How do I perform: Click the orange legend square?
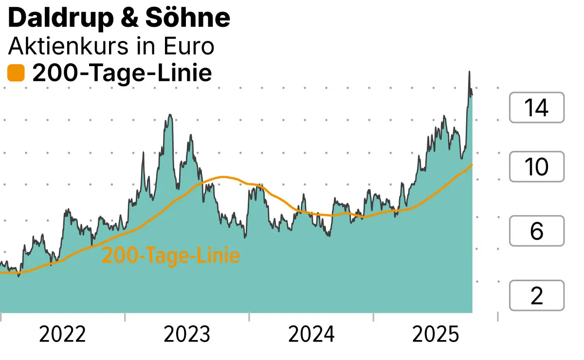[16, 74]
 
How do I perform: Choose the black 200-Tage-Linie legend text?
[122, 74]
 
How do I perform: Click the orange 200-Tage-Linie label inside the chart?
[171, 256]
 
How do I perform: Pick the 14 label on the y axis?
[536, 108]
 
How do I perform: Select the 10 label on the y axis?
[536, 167]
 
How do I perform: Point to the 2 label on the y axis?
[536, 296]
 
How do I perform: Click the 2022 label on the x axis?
[63, 335]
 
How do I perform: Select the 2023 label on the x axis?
[187, 335]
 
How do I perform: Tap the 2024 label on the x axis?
[311, 335]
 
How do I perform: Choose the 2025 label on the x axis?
[436, 335]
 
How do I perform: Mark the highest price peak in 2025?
[469, 72]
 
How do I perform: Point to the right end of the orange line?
[472, 165]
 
